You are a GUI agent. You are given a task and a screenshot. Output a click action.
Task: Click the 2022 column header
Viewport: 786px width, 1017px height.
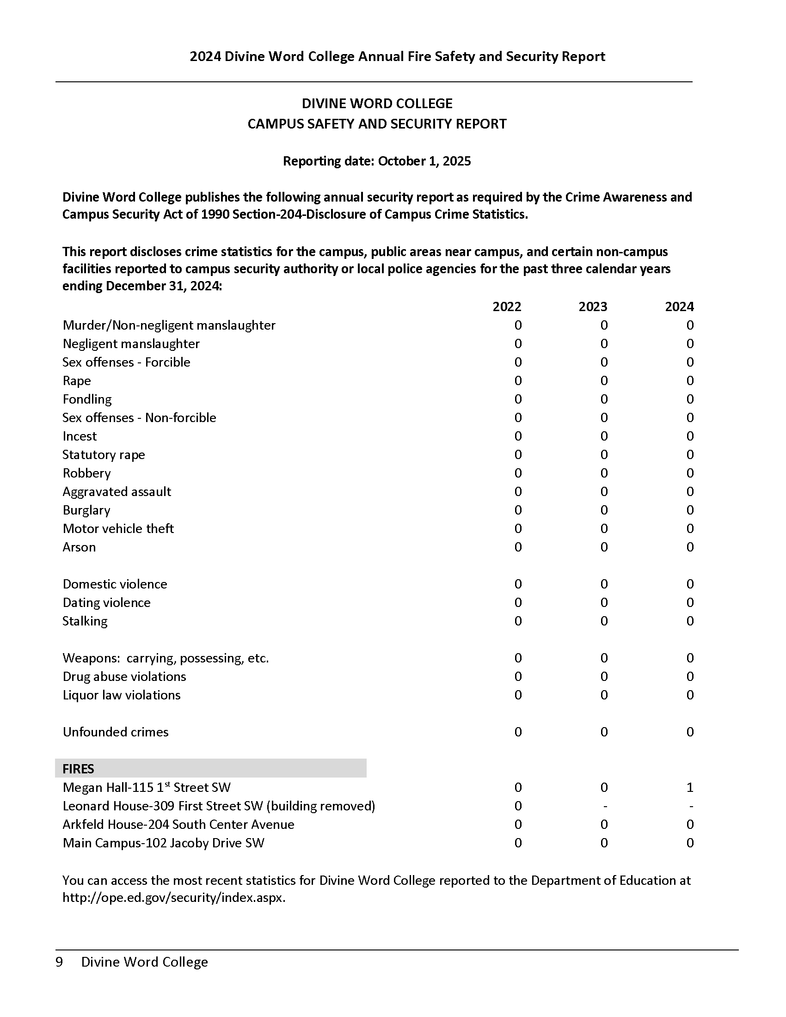tap(507, 306)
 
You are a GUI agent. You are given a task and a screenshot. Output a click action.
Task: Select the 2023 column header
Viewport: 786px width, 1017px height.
tap(592, 306)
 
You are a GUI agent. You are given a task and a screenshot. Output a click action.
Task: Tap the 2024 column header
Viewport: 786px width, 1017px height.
tap(679, 306)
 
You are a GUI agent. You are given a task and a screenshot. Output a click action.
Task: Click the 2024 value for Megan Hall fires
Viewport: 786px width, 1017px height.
tap(690, 787)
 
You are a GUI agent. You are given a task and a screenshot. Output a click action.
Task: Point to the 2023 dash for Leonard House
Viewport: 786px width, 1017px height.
tap(604, 806)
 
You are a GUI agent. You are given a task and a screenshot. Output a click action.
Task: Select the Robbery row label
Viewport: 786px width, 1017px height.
tap(86, 473)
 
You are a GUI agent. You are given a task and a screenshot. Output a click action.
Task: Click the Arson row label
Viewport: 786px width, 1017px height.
tap(79, 547)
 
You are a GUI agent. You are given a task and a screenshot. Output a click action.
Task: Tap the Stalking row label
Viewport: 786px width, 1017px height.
tap(85, 621)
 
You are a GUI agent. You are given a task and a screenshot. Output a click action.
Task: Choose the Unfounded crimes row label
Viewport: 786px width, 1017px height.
tap(116, 732)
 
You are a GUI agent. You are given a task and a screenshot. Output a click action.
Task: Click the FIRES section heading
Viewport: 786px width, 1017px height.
tap(78, 769)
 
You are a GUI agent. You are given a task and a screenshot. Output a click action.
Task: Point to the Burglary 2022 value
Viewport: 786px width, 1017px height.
tap(518, 510)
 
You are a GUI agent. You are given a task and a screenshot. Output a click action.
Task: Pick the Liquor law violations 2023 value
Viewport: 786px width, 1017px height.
tap(604, 695)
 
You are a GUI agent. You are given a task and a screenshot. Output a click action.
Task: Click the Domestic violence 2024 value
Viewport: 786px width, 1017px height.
tap(690, 584)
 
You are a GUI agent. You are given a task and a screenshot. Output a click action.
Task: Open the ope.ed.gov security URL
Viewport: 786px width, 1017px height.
tap(174, 898)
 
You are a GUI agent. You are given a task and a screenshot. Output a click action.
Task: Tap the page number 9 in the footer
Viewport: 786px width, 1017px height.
tap(59, 962)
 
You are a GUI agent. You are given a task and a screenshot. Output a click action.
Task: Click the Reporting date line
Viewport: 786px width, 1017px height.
tap(377, 161)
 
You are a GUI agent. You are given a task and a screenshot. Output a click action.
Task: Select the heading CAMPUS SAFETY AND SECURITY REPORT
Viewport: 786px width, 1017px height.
tap(377, 124)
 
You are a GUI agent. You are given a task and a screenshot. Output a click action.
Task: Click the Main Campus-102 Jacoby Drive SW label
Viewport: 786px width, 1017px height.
tap(163, 843)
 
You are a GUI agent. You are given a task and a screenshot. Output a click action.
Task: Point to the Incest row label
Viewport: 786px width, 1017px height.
tap(80, 436)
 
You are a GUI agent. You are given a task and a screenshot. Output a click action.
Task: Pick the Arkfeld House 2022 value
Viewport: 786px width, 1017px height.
tap(518, 825)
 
